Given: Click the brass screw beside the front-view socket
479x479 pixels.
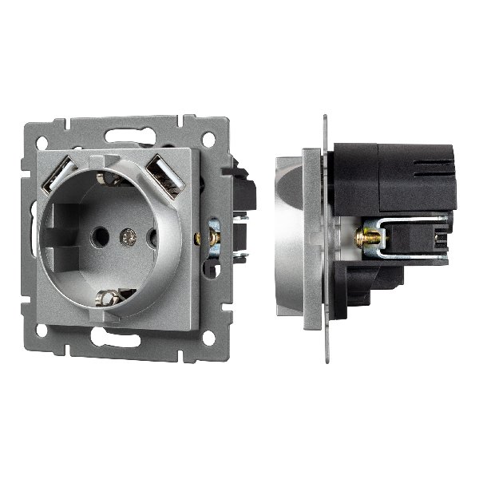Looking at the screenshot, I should tap(214, 236).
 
